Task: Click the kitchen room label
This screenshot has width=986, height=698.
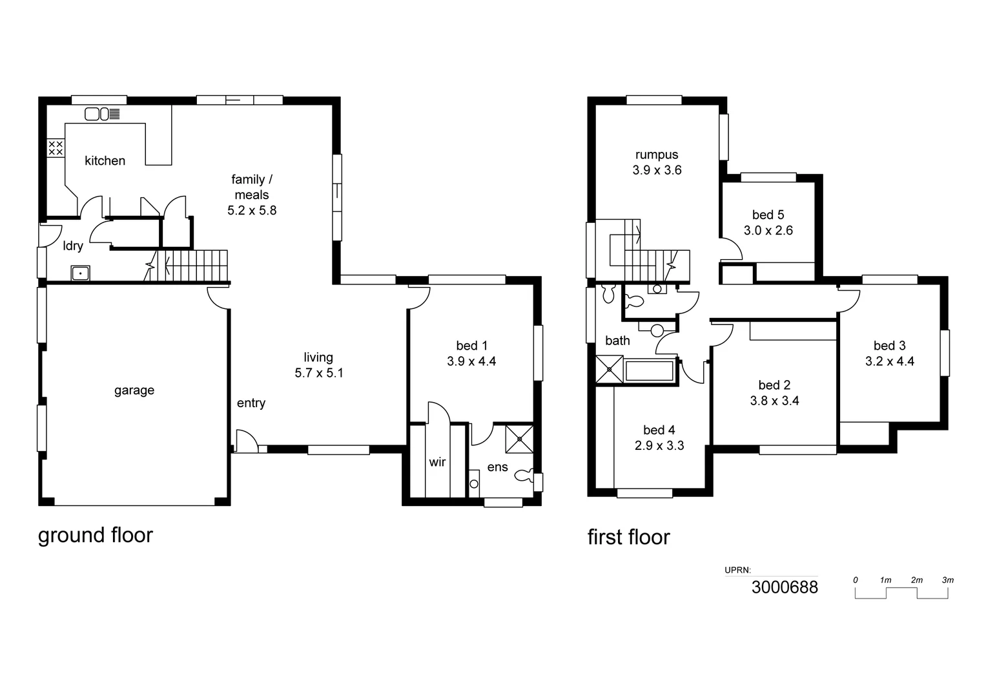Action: (x=105, y=161)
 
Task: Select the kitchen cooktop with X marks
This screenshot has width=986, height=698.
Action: (x=56, y=147)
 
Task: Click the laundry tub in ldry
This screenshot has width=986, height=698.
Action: (x=81, y=273)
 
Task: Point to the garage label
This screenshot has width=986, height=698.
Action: (x=134, y=390)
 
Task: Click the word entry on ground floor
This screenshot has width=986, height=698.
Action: (x=251, y=403)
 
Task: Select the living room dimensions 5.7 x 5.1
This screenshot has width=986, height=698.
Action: (x=318, y=373)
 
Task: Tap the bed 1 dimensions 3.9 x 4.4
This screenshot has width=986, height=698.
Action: (x=471, y=362)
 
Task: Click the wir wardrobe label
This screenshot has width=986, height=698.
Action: (x=437, y=462)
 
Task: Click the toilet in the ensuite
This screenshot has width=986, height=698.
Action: (x=524, y=476)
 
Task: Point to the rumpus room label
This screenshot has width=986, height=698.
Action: (x=657, y=155)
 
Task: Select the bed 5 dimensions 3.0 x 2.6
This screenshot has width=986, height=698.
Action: (x=768, y=231)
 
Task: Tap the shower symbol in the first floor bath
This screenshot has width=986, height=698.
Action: (x=609, y=370)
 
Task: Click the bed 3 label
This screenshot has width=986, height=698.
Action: (x=889, y=346)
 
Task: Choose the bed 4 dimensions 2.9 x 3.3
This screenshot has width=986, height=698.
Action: (x=659, y=446)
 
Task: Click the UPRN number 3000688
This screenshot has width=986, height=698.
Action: (x=785, y=587)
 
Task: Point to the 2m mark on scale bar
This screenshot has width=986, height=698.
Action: (x=916, y=580)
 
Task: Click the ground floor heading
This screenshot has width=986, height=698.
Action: (x=96, y=536)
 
